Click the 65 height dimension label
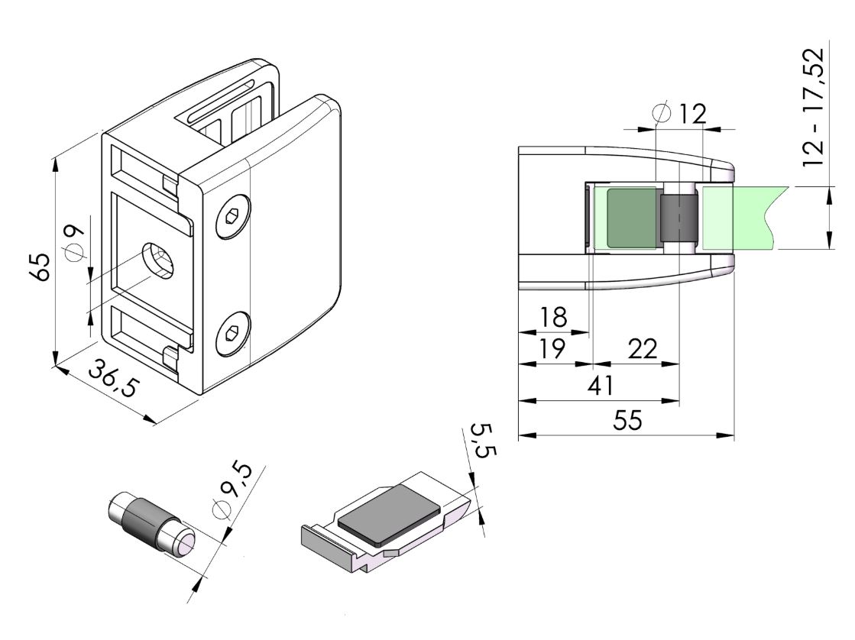coord(42,266)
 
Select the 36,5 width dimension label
coord(114,378)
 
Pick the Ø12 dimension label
coord(679,113)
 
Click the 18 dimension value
coord(553,317)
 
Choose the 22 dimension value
coord(643,348)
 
